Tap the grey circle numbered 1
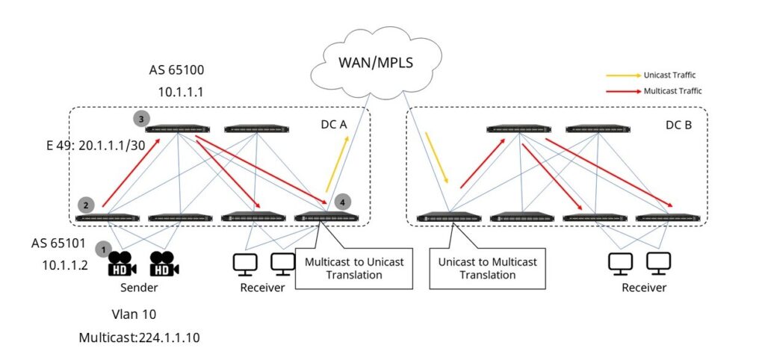coord(105,246)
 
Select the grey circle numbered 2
coord(86,204)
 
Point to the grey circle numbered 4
coord(341,202)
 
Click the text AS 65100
coord(177,71)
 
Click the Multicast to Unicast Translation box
coord(354,269)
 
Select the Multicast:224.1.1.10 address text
coord(139,338)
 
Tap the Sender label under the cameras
coord(138,287)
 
